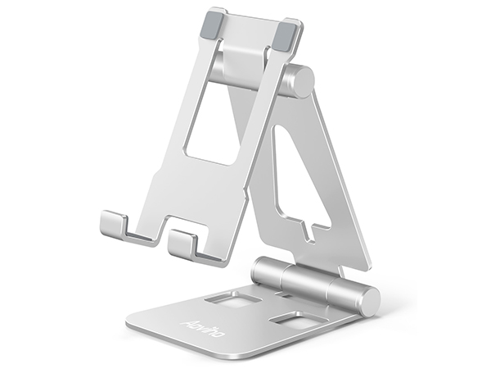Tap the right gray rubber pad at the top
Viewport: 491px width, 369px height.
(283, 34)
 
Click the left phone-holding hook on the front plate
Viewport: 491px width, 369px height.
(115, 225)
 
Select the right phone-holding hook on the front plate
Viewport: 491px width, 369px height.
(183, 243)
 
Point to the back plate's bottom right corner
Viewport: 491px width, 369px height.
(364, 266)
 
